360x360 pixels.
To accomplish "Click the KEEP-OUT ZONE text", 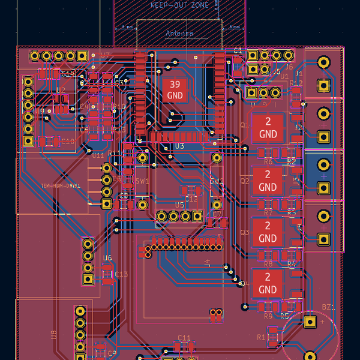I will pyautogui.click(x=179, y=5).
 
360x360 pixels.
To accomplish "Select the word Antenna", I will pyautogui.click(x=179, y=34).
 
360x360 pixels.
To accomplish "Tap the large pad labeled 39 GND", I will pyautogui.click(x=175, y=90).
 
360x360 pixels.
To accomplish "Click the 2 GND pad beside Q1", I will pyautogui.click(x=268, y=128).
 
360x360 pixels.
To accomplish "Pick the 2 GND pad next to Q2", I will pyautogui.click(x=268, y=181).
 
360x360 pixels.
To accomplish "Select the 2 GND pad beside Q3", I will pyautogui.click(x=268, y=232).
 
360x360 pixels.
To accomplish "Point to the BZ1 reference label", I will pyautogui.click(x=328, y=307).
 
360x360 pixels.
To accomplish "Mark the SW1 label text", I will pyautogui.click(x=142, y=181).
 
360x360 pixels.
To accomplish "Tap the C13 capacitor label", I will pyautogui.click(x=122, y=274).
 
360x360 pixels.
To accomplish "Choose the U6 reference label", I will pyautogui.click(x=107, y=259).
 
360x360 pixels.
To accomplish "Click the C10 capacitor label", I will pyautogui.click(x=67, y=142).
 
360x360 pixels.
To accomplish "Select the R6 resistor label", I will pyautogui.click(x=268, y=162).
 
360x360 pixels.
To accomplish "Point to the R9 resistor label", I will pyautogui.click(x=268, y=316).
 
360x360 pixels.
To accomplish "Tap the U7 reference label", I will pyautogui.click(x=106, y=55).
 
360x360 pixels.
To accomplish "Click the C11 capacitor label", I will pyautogui.click(x=184, y=337).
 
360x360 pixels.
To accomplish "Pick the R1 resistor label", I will pyautogui.click(x=261, y=338).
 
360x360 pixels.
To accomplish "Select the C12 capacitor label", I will pyautogui.click(x=191, y=198).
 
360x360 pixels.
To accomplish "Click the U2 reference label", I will pyautogui.click(x=61, y=90).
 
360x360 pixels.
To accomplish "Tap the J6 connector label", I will pyautogui.click(x=289, y=67).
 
